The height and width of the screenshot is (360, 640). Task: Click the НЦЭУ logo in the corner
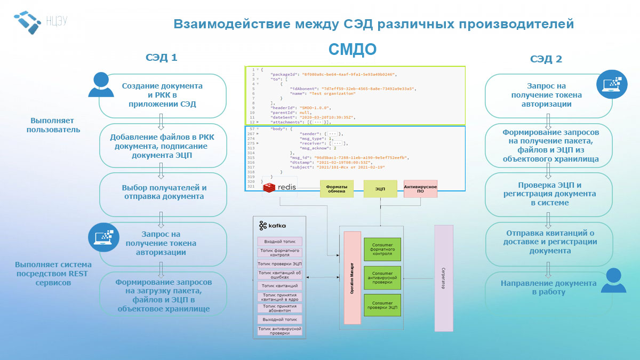coord(41,21)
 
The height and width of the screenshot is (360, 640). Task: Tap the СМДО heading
coord(352,50)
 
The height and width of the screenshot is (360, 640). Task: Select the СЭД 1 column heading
coord(161,58)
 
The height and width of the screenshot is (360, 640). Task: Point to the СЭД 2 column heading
coord(546,59)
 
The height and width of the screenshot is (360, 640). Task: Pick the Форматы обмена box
coord(337,189)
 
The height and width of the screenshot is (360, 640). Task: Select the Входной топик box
coord(279,242)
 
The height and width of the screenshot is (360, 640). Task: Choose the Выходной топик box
coord(279,319)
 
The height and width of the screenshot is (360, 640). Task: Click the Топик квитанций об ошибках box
coord(279,275)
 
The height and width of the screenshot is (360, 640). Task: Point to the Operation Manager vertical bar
coord(352,277)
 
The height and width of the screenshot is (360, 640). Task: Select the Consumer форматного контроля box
coord(382,249)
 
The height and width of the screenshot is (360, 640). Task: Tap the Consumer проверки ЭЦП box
coord(382,306)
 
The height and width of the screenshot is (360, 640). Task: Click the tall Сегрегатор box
coord(443,278)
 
